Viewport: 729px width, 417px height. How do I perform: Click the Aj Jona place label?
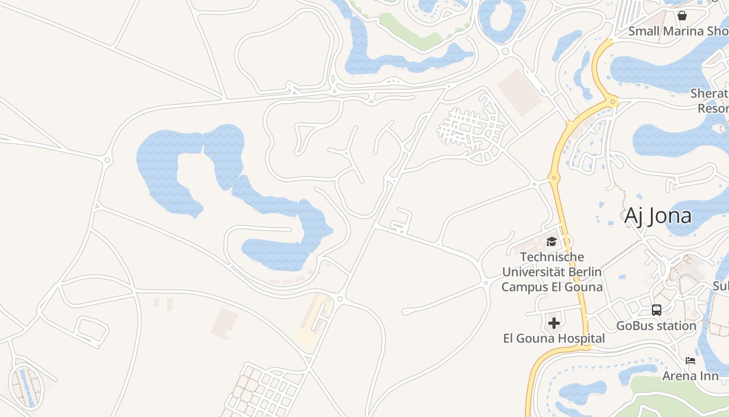[x=658, y=215]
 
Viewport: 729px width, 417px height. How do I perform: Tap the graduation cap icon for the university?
[x=551, y=241]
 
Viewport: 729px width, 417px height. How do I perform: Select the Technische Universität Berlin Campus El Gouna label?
[x=551, y=272]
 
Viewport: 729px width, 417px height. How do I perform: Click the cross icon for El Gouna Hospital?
[x=554, y=323]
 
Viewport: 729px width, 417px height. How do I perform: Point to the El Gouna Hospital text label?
[x=554, y=339]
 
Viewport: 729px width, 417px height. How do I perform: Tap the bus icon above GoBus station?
[x=657, y=310]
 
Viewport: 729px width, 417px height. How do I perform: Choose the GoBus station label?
[x=656, y=326]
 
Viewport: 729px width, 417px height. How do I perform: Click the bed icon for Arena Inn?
[x=690, y=360]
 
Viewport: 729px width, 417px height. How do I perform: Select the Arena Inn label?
[x=690, y=375]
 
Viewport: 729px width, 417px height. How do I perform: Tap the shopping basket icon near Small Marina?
[x=682, y=16]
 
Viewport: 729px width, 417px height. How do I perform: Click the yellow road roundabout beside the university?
[x=554, y=178]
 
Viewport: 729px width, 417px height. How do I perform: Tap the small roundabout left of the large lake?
[x=108, y=160]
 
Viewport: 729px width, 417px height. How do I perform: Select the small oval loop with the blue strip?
[x=27, y=386]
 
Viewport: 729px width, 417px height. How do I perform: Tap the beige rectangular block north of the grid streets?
[x=519, y=93]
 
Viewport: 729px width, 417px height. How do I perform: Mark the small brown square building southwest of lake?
[x=224, y=323]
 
